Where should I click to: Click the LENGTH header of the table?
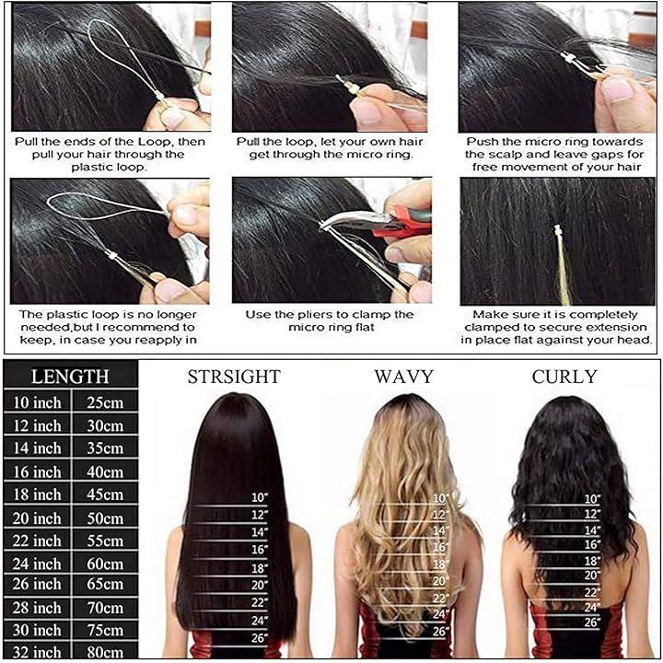70,376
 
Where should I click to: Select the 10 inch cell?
37,402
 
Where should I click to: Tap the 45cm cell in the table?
105,494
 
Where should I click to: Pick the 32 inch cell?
37,653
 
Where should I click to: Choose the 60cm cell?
105,564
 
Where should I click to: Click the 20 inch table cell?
37,518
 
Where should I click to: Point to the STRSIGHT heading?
234,377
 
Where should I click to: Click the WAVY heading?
404,377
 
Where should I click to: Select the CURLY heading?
564,377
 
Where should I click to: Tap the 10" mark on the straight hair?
260,497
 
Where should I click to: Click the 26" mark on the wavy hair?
440,632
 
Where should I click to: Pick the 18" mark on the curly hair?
592,561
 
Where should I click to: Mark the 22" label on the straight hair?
260,602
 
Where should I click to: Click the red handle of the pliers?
401,222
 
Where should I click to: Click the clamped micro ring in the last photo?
559,231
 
